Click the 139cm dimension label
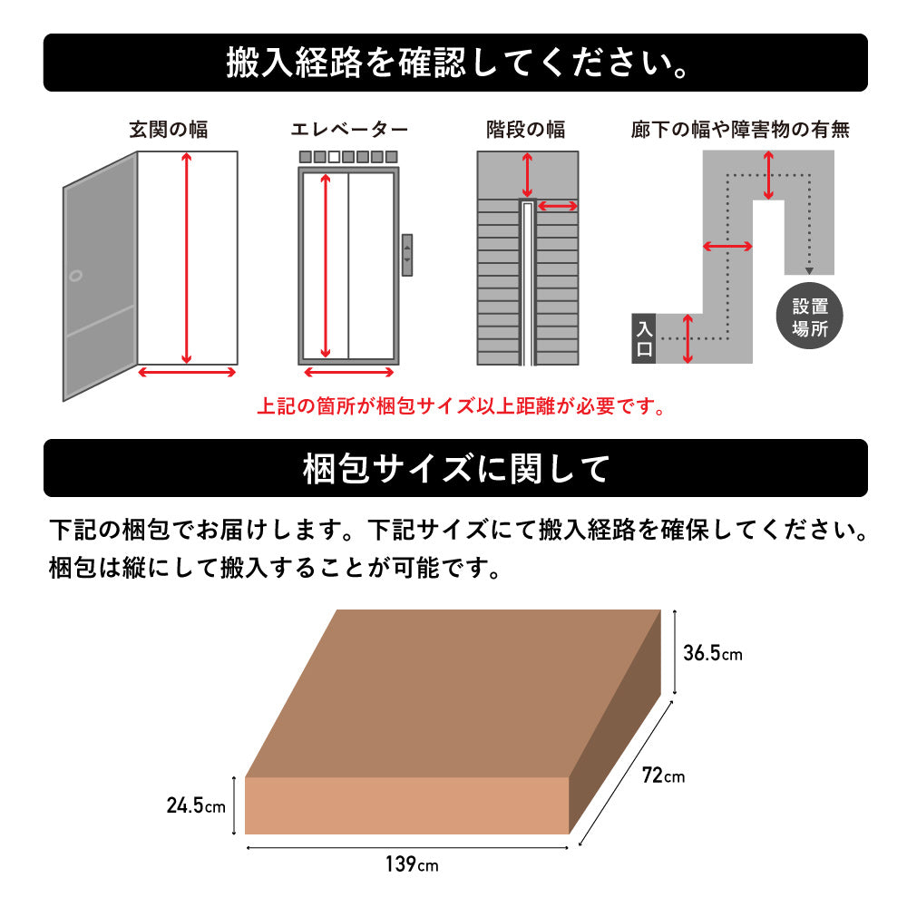(412, 864)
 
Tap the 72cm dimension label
(664, 775)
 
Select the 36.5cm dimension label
(713, 653)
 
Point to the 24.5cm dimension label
(196, 805)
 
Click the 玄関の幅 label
(169, 129)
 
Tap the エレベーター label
(349, 129)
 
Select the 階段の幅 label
(526, 129)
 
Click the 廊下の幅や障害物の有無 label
(740, 129)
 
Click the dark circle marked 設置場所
(809, 316)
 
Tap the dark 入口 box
(644, 338)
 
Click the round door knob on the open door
(75, 276)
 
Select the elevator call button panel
(407, 255)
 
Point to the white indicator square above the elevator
(334, 157)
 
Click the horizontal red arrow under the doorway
(187, 373)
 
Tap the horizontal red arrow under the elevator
(349, 373)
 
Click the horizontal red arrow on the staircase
(558, 206)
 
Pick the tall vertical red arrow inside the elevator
(325, 266)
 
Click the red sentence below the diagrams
(461, 406)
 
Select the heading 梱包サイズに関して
(456, 469)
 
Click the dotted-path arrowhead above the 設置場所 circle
(809, 270)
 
